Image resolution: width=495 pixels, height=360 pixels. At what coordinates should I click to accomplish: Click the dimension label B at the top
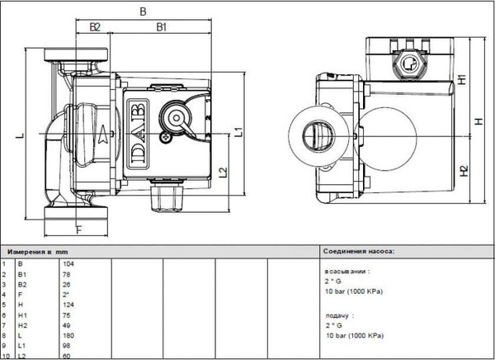[x=144, y=12]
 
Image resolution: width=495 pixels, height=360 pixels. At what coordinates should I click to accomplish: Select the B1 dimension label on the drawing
[x=162, y=27]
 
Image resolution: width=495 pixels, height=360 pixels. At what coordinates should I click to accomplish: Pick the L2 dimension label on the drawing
[x=223, y=173]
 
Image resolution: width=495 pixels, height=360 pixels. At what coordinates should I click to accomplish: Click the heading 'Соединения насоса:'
[x=360, y=249]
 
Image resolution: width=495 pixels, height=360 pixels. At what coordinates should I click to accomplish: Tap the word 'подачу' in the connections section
[x=337, y=315]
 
